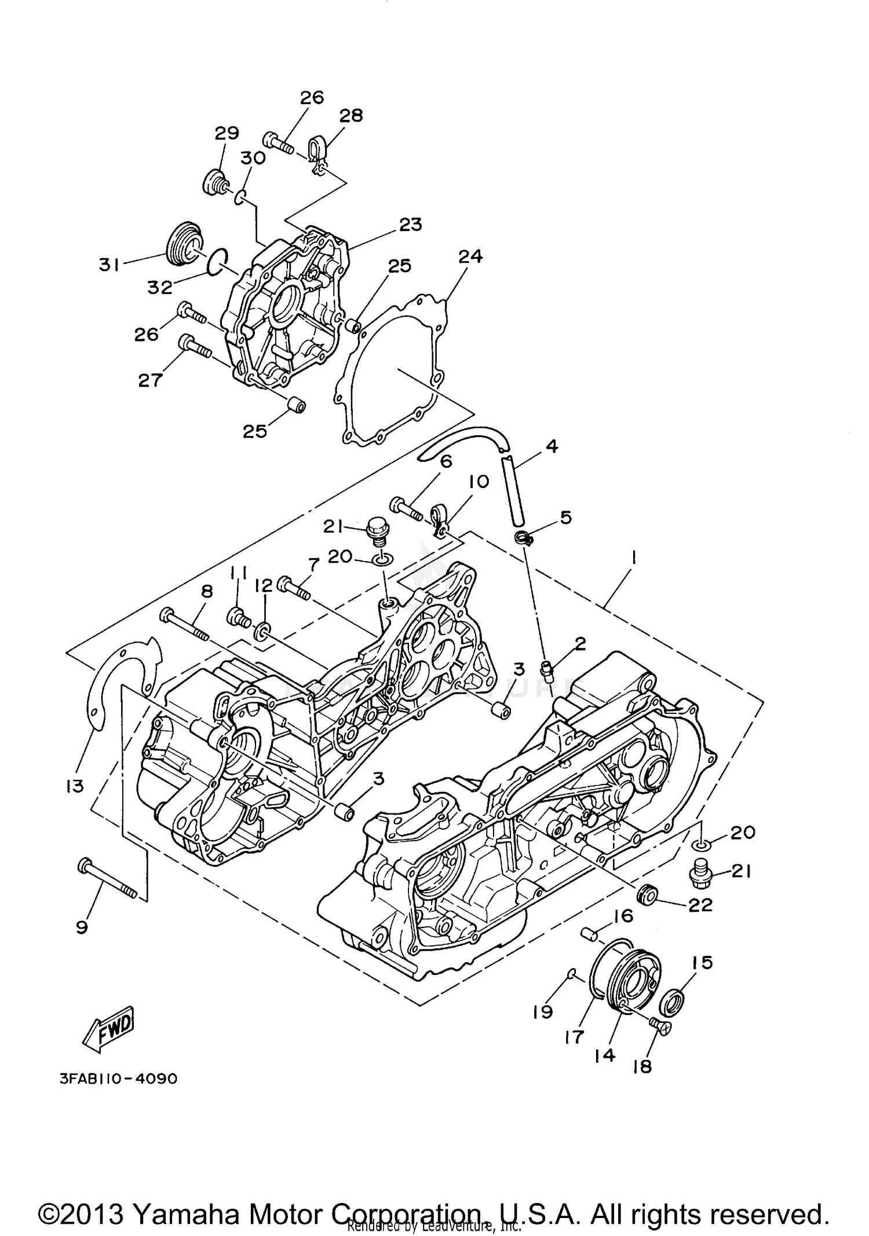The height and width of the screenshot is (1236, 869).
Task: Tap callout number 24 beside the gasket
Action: pyautogui.click(x=470, y=256)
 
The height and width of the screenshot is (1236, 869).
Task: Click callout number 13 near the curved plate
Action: pyautogui.click(x=75, y=786)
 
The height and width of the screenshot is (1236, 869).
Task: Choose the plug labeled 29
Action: pyautogui.click(x=216, y=181)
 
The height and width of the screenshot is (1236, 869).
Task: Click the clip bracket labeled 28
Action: pyautogui.click(x=316, y=156)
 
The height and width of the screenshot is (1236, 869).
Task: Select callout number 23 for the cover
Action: pyautogui.click(x=410, y=224)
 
